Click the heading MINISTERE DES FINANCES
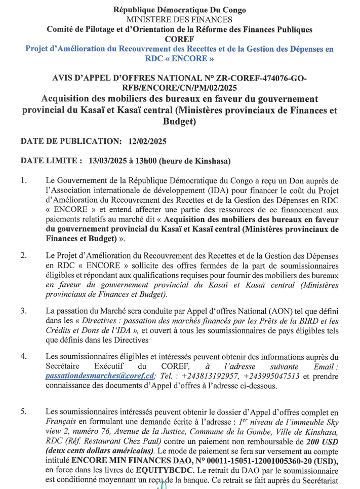(x=180, y=19)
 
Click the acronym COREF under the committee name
(x=179, y=39)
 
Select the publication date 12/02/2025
(x=148, y=141)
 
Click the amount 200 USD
(x=321, y=441)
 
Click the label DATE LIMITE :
(x=51, y=161)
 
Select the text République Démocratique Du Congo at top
(x=180, y=10)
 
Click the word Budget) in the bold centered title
(x=180, y=122)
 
